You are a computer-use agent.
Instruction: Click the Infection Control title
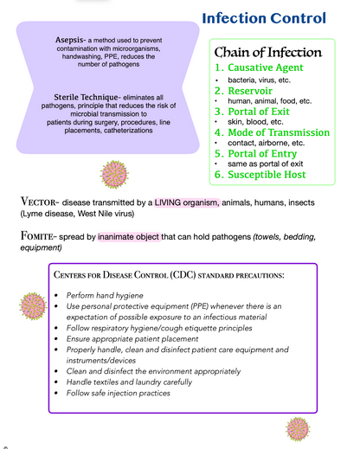pyautogui.click(x=264, y=18)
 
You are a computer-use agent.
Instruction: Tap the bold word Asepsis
pyautogui.click(x=69, y=40)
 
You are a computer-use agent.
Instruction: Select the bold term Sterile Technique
pyautogui.click(x=86, y=97)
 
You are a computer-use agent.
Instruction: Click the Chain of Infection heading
pyautogui.click(x=268, y=52)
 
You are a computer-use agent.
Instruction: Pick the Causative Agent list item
pyautogui.click(x=259, y=67)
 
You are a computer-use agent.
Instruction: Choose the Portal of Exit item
pyautogui.click(x=252, y=112)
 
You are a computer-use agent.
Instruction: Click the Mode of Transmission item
pyautogui.click(x=272, y=132)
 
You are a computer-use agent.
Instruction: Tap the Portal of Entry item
pyautogui.click(x=255, y=154)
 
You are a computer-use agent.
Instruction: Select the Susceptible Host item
pyautogui.click(x=260, y=175)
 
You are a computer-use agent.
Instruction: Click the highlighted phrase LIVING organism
pyautogui.click(x=187, y=202)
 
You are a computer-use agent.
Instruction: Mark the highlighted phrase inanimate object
pyautogui.click(x=129, y=237)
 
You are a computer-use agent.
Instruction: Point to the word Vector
pyautogui.click(x=38, y=202)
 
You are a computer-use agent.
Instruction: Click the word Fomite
pyautogui.click(x=36, y=236)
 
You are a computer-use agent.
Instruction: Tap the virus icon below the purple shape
pyautogui.click(x=114, y=175)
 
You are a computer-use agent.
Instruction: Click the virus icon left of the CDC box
pyautogui.click(x=33, y=306)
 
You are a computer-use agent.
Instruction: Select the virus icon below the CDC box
pyautogui.click(x=298, y=429)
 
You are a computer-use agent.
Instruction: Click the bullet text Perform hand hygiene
pyautogui.click(x=105, y=296)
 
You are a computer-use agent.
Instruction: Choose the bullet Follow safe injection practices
pyautogui.click(x=119, y=393)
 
